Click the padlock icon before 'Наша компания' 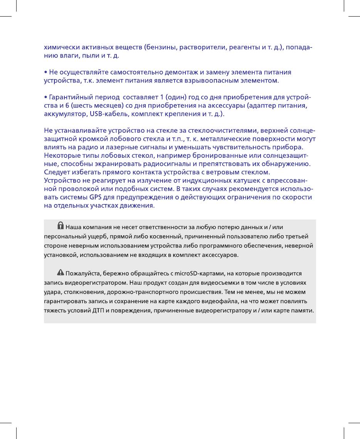tap(60, 225)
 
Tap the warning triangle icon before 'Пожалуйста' tap(60, 272)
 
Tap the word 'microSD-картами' tap(203, 273)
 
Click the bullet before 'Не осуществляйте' tap(45, 72)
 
